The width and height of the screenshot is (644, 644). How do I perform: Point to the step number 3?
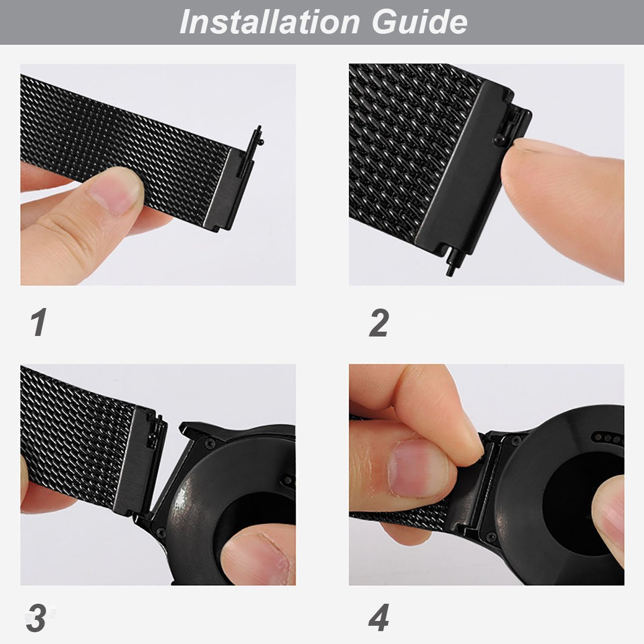tap(36, 619)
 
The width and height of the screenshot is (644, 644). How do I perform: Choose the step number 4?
tap(379, 619)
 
